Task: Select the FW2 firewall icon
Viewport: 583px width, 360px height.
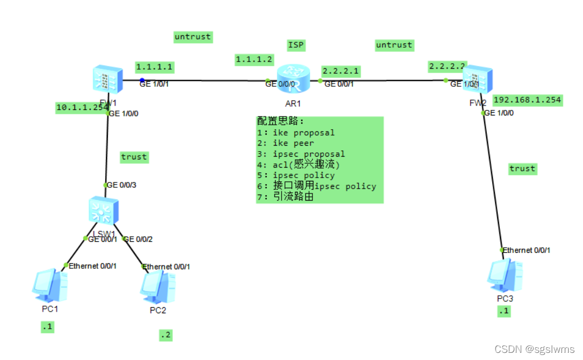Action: tap(477, 81)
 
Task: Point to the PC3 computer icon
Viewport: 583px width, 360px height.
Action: tap(505, 276)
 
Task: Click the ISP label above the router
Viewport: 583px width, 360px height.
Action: tap(296, 45)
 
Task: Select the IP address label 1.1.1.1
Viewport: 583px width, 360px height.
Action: tap(155, 67)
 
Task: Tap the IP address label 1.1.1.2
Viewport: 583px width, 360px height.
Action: tap(254, 59)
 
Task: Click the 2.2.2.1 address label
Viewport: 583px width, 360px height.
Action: tap(340, 71)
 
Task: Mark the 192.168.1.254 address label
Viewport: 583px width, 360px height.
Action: tap(527, 99)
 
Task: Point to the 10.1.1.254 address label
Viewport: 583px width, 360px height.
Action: tap(82, 108)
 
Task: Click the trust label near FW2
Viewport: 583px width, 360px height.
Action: tap(522, 169)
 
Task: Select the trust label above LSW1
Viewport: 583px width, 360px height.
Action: tap(134, 157)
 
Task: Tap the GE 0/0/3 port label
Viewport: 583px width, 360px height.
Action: tap(121, 185)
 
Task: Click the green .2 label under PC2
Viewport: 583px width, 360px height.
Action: tap(165, 335)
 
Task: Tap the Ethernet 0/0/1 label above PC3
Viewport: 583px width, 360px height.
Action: tap(526, 250)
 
